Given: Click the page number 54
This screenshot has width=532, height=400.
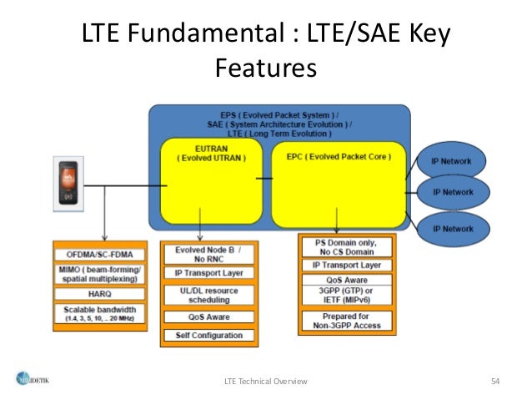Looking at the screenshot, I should [x=494, y=381].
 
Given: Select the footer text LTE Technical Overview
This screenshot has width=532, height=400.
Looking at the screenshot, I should [x=266, y=381].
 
